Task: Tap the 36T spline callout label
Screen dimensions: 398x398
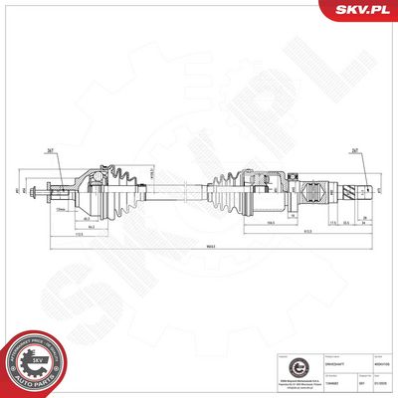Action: [49, 152]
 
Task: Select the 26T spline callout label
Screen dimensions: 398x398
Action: [354, 152]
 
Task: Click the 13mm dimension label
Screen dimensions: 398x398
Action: [62, 212]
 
